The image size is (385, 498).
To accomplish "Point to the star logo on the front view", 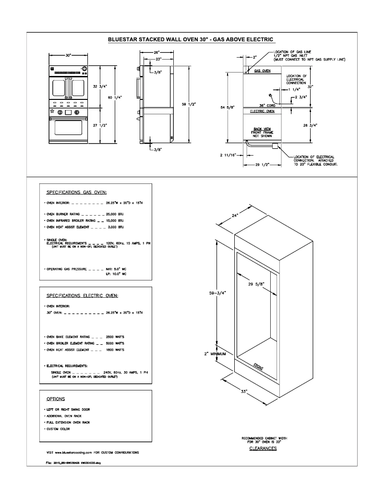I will coord(52,111).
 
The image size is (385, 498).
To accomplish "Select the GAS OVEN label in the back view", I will coord(262,71).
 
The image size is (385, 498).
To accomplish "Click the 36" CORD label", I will coord(266,105).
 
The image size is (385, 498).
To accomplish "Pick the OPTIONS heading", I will coord(56,399).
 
